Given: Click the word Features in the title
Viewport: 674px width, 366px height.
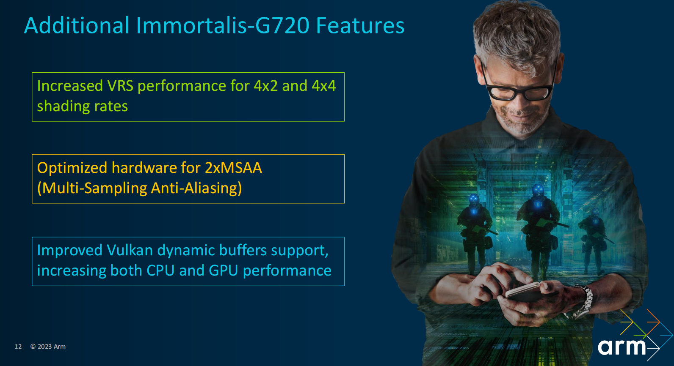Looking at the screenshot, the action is [360, 25].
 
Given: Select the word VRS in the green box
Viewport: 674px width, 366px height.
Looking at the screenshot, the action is [120, 86].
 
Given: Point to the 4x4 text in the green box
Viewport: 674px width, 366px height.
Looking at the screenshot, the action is [324, 86].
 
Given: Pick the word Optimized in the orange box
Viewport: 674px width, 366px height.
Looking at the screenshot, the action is [72, 168].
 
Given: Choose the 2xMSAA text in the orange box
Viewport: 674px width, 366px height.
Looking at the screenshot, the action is [233, 168].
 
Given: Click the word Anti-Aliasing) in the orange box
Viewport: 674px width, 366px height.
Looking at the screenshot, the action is [196, 188].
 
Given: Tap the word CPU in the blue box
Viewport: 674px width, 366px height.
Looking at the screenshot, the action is [160, 271].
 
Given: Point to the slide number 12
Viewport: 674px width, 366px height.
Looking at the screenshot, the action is [18, 347].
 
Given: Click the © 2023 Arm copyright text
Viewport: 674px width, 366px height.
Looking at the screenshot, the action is [48, 347].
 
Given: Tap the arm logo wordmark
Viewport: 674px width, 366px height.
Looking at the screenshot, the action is [622, 347].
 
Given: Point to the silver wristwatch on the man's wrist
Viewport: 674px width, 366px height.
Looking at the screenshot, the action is [582, 302].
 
